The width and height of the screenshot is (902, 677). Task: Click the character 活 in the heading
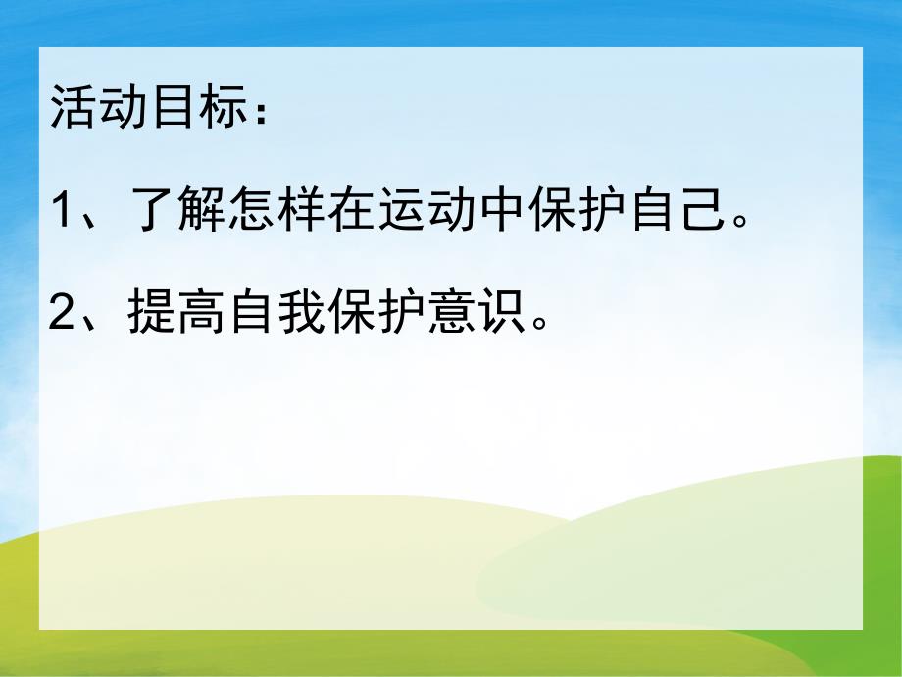(73, 106)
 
